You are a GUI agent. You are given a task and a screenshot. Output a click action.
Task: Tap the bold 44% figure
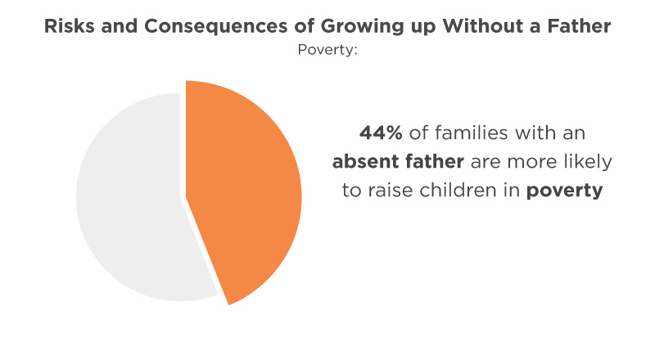pos(381,133)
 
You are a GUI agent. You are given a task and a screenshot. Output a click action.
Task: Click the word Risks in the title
pos(70,26)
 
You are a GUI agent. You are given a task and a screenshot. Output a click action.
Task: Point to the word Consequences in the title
pos(215,26)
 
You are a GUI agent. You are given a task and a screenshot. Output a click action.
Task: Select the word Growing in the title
pos(362,27)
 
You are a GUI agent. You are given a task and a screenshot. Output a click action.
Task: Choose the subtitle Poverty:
pos(327,50)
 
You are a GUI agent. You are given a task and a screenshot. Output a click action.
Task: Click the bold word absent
pos(364,162)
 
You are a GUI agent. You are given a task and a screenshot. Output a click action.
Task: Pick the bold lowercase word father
pos(434,162)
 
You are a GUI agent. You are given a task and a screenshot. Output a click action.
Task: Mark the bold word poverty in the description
pos(564,191)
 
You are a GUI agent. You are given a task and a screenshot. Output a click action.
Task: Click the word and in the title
pos(120,26)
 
